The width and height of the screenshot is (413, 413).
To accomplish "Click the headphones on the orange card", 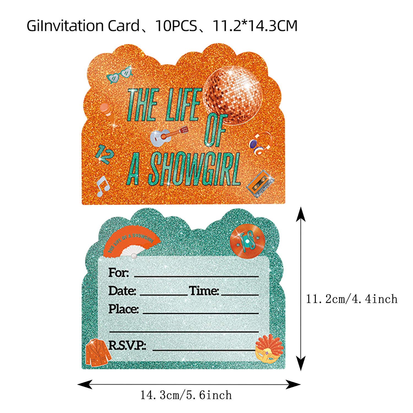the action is (260, 143).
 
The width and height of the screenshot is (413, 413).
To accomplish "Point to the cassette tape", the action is (260, 183).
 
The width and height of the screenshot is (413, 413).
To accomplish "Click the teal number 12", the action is (104, 154).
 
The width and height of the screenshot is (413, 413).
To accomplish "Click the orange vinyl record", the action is (247, 241).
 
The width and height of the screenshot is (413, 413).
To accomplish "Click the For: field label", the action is (118, 273).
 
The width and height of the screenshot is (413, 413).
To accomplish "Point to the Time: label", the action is (204, 291).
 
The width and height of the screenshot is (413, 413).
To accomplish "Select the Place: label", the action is (123, 309).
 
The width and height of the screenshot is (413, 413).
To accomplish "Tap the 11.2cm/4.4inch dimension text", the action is (352, 299).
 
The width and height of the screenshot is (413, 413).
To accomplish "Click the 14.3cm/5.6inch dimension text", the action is (186, 395).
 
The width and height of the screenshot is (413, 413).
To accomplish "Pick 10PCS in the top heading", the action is (176, 26).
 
